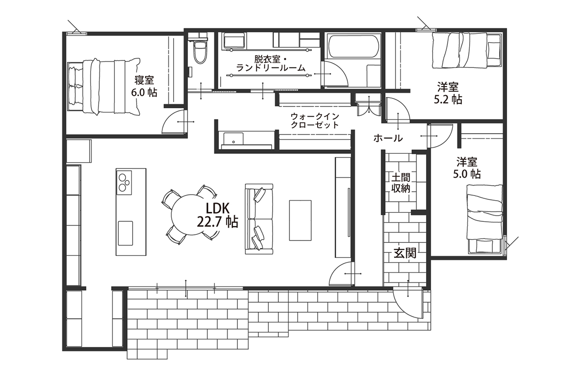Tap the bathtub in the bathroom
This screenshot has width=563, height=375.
[353, 47]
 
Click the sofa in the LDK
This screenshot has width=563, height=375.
[259, 219]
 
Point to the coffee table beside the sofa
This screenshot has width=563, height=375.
[300, 220]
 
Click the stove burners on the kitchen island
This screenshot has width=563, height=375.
[124, 183]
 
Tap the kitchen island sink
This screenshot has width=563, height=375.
[125, 233]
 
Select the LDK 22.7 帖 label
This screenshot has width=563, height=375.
[218, 215]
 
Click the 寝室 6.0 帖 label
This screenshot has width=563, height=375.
[144, 86]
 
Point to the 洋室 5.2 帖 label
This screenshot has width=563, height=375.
[448, 93]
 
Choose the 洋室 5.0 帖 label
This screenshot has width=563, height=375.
[467, 168]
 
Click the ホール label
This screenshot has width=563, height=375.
[388, 138]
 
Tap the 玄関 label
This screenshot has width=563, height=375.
[405, 253]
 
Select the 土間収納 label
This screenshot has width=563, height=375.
[401, 182]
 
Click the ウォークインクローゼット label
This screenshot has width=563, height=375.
[315, 120]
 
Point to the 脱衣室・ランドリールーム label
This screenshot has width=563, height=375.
[271, 64]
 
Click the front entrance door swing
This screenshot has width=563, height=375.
[408, 304]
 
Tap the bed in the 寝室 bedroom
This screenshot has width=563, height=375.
[104, 87]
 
